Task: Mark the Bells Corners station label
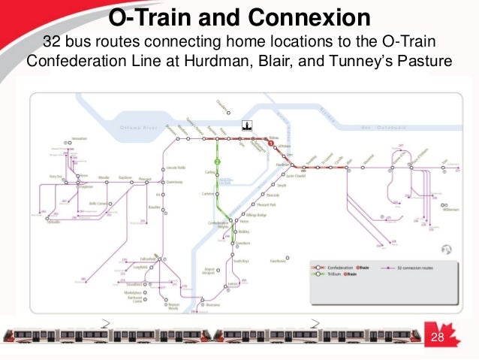pyautogui.click(x=99, y=204)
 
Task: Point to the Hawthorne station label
pyautogui.click(x=279, y=261)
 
